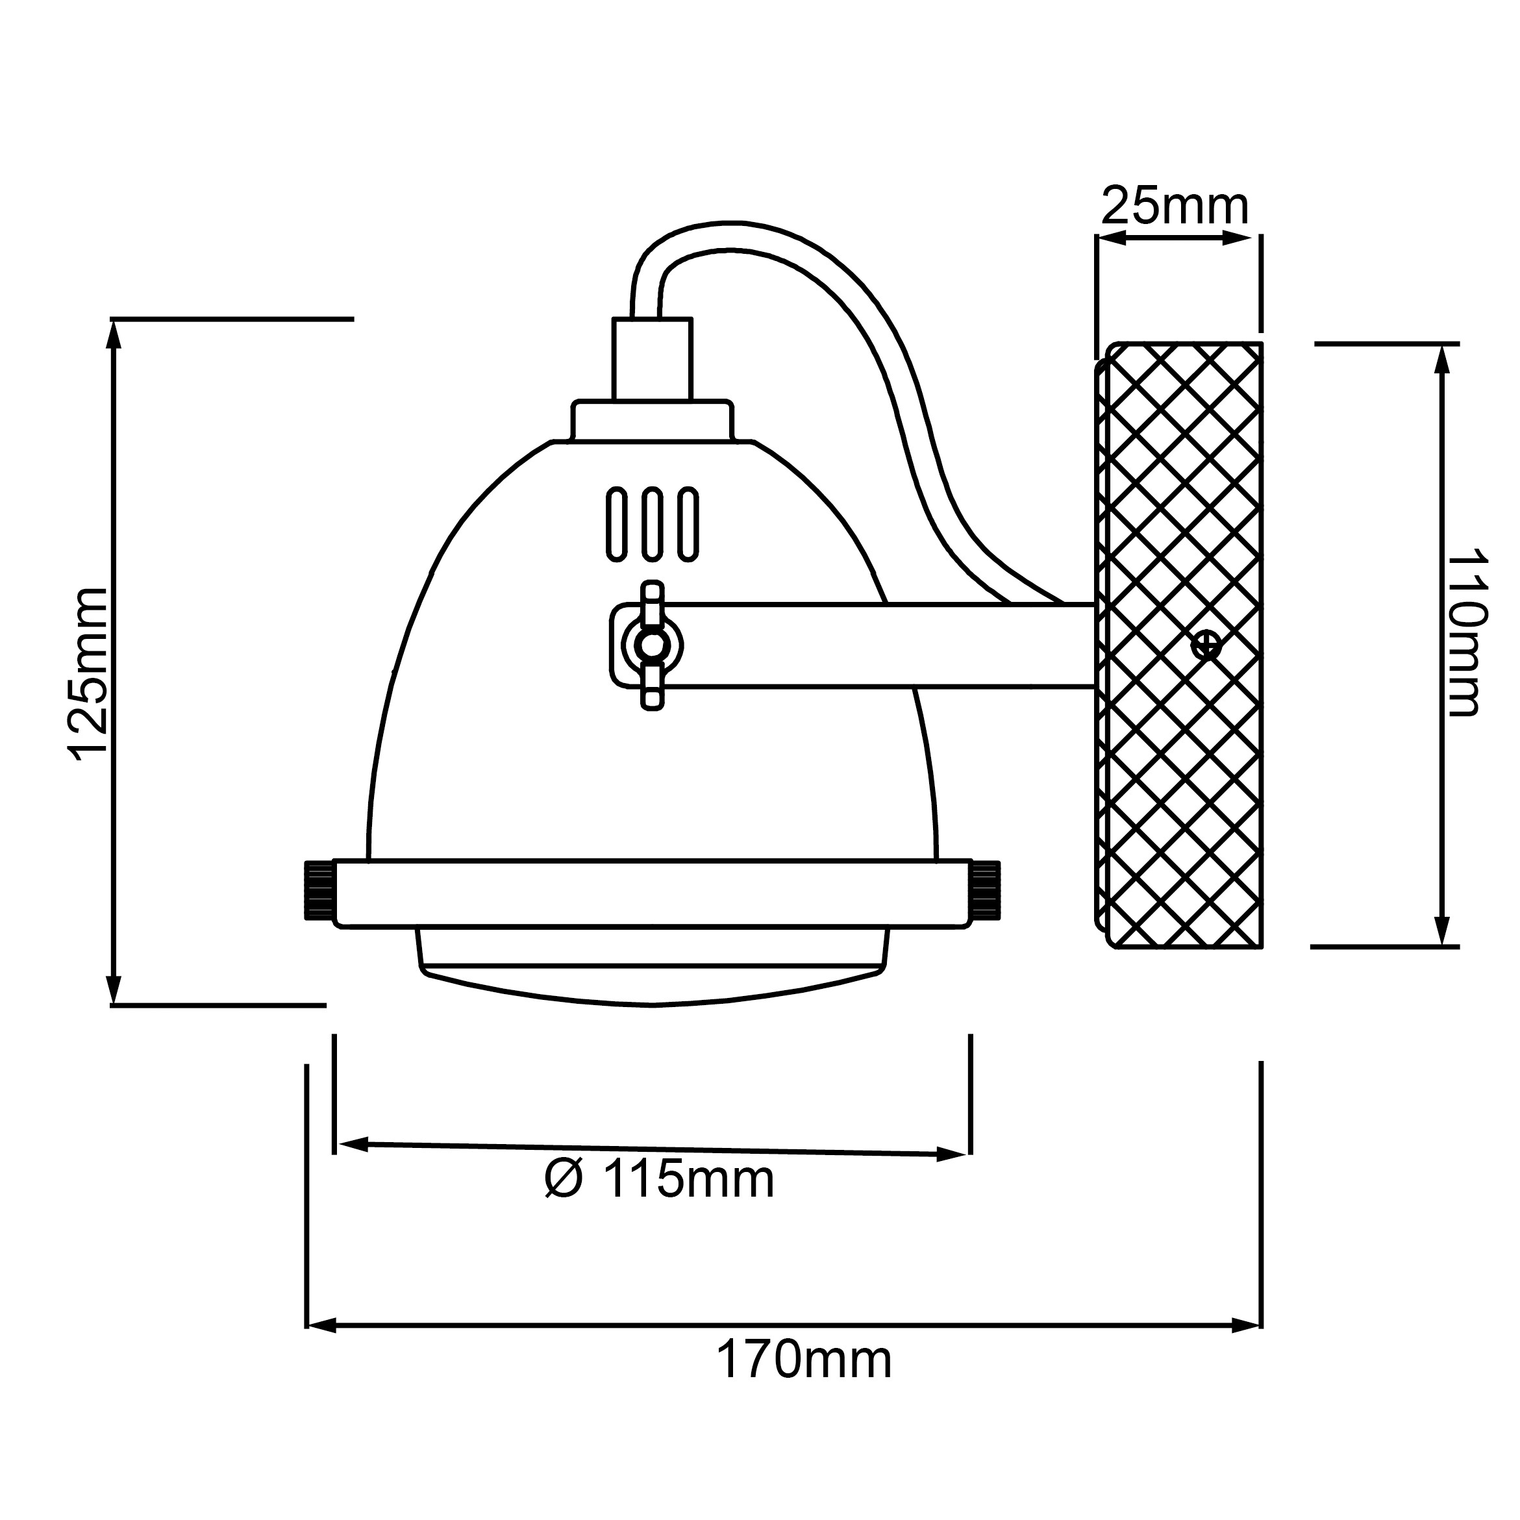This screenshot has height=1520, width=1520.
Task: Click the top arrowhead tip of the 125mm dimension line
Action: pos(114,321)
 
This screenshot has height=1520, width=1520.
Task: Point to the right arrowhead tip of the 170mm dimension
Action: pos(1260,1325)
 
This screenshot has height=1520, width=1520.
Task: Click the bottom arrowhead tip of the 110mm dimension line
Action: pos(1441,945)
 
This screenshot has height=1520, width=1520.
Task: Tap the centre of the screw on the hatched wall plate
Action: pos(1205,646)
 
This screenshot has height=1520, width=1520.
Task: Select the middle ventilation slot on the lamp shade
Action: pos(651,524)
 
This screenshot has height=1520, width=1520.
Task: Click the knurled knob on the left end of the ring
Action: pos(319,890)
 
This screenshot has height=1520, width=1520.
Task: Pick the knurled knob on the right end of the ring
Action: pos(986,890)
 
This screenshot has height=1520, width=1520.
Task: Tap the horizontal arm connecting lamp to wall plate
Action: pos(873,645)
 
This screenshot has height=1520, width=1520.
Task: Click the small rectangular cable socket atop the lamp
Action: pos(652,360)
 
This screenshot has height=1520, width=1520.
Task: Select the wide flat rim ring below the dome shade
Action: pos(652,893)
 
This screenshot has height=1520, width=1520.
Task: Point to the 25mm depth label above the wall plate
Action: pos(1175,206)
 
